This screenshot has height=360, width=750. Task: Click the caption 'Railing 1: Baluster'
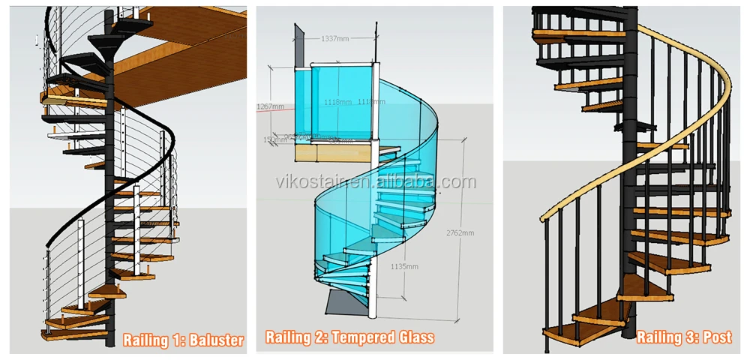pyautogui.click(x=183, y=340)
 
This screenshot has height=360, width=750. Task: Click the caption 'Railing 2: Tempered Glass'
pyautogui.click(x=349, y=337)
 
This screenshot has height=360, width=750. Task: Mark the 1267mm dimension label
pyautogui.click(x=271, y=106)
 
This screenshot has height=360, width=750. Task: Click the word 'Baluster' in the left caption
pyautogui.click(x=217, y=340)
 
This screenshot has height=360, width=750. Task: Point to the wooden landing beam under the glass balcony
pyautogui.click(x=330, y=154)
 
